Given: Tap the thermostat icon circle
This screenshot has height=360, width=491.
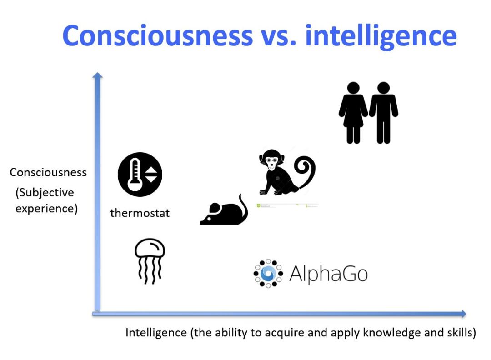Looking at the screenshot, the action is (x=140, y=175).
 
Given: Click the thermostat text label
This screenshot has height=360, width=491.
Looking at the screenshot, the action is (x=140, y=213).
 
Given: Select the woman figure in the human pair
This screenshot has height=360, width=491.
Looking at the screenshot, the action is (x=353, y=113).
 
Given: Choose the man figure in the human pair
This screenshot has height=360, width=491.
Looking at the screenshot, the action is (x=383, y=113).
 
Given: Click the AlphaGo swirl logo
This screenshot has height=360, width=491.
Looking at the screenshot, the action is (x=268, y=273).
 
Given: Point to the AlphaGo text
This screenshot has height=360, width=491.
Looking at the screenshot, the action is (x=328, y=274).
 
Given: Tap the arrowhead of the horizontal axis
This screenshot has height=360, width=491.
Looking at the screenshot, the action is (x=463, y=314).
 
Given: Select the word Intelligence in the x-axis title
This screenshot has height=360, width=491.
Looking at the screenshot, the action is (x=156, y=332).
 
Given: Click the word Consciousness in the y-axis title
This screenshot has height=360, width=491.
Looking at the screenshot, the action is (x=48, y=172).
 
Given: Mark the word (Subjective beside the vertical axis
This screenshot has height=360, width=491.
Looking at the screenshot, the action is (x=45, y=193).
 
